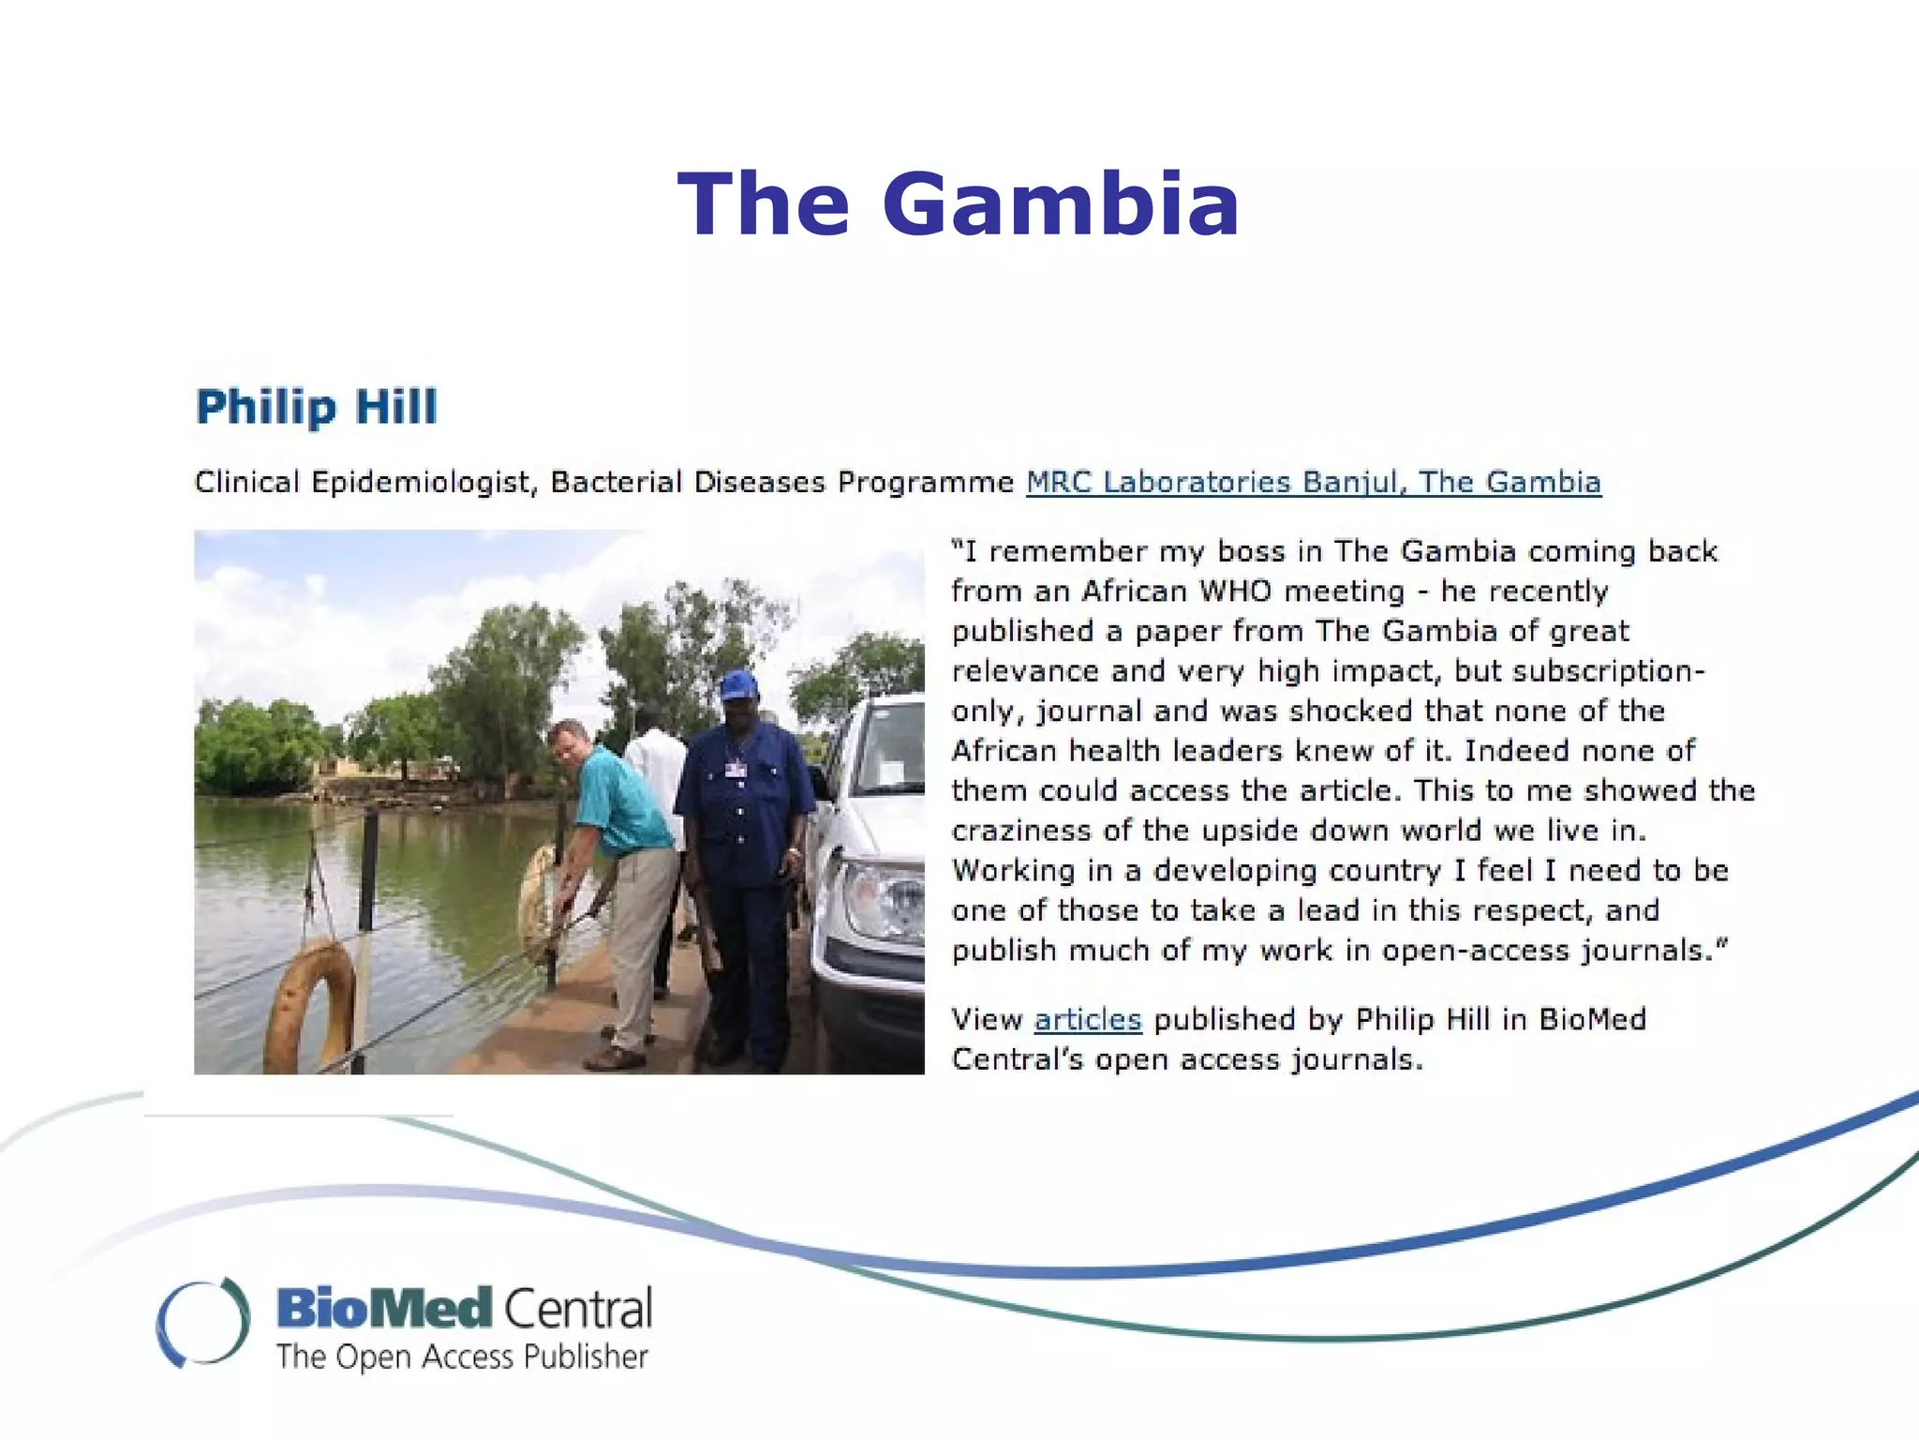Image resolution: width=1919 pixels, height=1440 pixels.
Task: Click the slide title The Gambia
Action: pyautogui.click(x=959, y=204)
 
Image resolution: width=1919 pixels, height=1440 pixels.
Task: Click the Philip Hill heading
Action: pyautogui.click(x=316, y=407)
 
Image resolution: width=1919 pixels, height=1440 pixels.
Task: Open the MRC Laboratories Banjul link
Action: pyautogui.click(x=1313, y=482)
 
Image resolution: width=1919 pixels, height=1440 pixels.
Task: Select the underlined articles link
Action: pyautogui.click(x=1087, y=1019)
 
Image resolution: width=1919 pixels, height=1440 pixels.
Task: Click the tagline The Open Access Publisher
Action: pyautogui.click(x=462, y=1357)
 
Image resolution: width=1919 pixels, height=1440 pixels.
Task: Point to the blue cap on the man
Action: pyautogui.click(x=737, y=685)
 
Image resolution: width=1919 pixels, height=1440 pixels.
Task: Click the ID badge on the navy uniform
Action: pyautogui.click(x=736, y=770)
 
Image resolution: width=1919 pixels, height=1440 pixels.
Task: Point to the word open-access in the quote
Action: pyautogui.click(x=1477, y=951)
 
